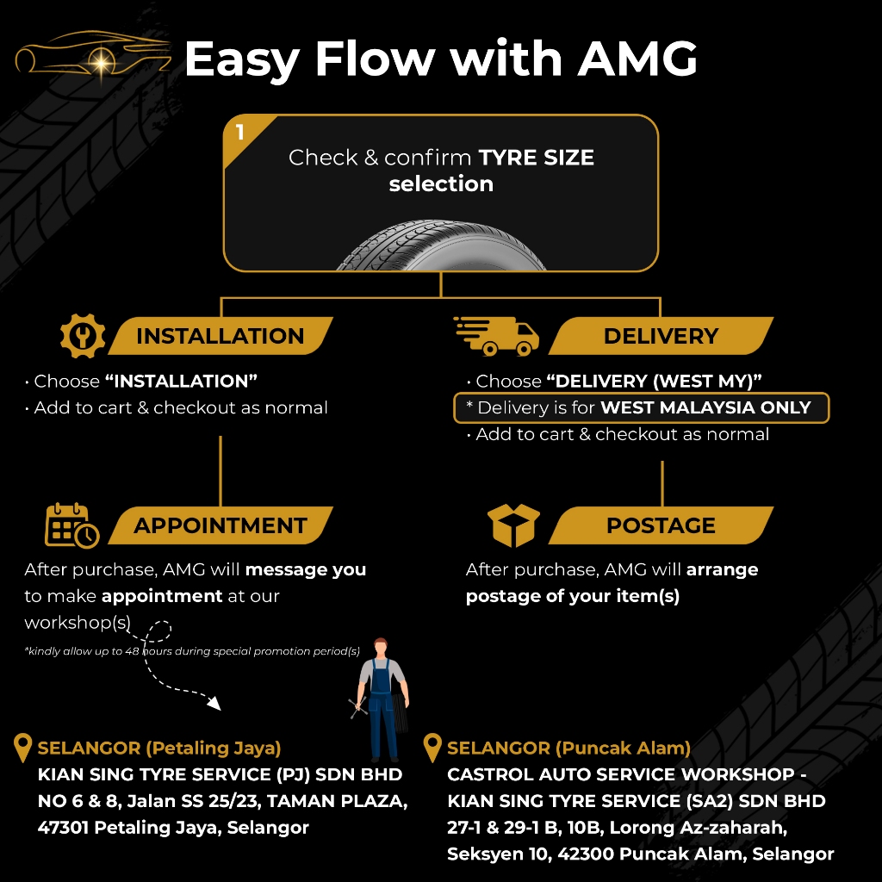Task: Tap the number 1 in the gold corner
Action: [x=240, y=132]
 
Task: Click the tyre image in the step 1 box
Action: [x=441, y=245]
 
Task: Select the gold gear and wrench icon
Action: [x=83, y=336]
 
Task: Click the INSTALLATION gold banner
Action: [x=220, y=336]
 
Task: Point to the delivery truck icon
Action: [x=497, y=336]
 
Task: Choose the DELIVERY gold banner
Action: [x=661, y=336]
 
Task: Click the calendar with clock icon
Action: [x=72, y=525]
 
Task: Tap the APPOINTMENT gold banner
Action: [x=220, y=525]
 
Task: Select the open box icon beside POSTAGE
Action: [x=513, y=525]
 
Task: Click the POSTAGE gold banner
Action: [x=661, y=525]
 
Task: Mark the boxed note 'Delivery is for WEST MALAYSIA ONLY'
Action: [x=641, y=407]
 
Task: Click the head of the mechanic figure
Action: [x=381, y=647]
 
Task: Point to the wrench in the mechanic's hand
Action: [x=357, y=707]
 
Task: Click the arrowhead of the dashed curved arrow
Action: [x=214, y=703]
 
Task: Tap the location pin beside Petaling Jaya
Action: [x=22, y=748]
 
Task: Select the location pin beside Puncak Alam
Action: [x=432, y=748]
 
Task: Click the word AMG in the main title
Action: [x=637, y=59]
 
